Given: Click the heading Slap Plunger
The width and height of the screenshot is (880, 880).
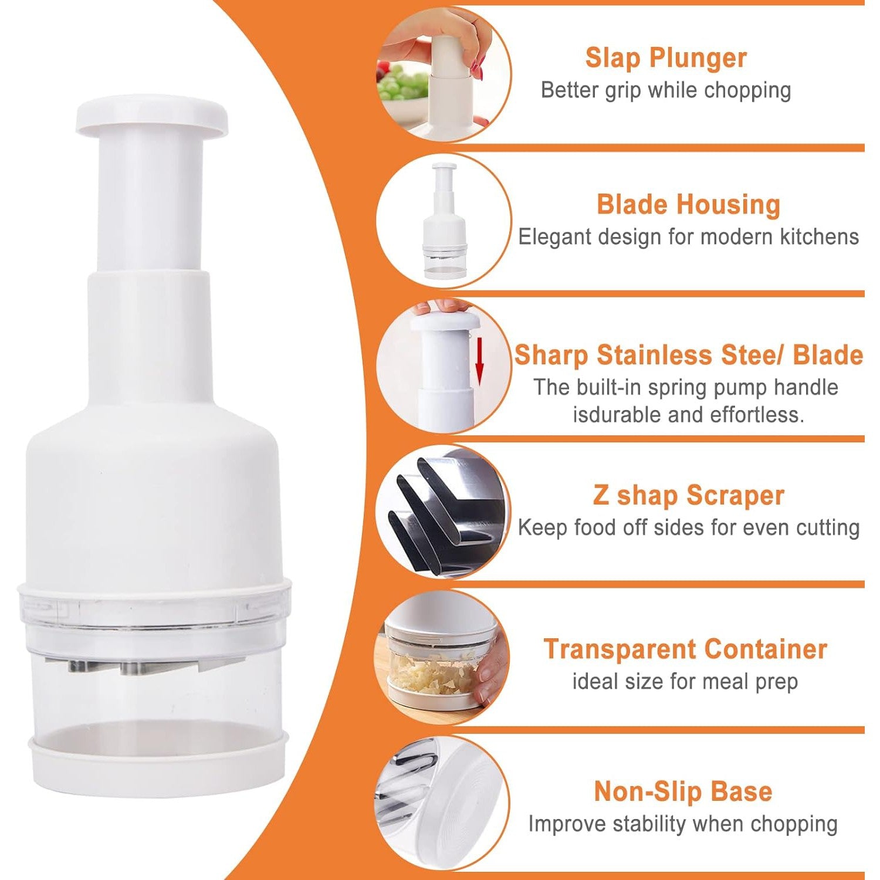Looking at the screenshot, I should coord(666,58).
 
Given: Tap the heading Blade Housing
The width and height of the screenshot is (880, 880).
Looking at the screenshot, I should coord(688,205).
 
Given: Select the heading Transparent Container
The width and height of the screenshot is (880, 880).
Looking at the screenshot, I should coord(685,649).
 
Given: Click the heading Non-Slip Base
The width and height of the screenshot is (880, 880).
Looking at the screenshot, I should coord(683,791).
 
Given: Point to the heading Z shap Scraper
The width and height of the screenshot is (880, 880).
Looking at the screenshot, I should coord(688,496).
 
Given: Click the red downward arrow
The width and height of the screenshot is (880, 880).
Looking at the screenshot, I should coord(479,364).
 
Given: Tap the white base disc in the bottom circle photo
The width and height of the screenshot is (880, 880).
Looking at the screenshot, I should coord(463,804).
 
